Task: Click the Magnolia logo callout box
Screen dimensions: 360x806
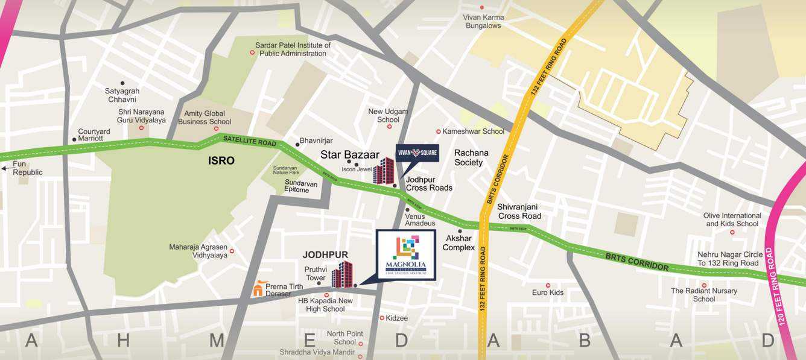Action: (406, 254)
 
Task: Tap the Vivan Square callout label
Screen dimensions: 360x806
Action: (417, 153)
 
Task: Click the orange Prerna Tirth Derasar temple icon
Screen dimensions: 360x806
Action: (258, 288)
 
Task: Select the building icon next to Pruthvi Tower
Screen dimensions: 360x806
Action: (341, 274)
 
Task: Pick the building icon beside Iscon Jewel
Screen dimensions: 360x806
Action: (383, 171)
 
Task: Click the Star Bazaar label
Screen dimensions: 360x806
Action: (350, 155)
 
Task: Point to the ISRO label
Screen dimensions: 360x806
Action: (221, 161)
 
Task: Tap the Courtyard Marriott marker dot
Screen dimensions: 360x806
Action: (74, 139)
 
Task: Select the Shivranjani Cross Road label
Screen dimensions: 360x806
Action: (519, 211)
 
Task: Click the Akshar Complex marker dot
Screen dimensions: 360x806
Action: (460, 231)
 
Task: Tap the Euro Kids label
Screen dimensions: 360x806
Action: (547, 292)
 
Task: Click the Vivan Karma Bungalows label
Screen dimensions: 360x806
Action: (483, 22)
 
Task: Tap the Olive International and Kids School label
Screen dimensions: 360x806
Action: (732, 219)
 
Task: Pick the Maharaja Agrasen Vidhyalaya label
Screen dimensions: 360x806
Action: (198, 251)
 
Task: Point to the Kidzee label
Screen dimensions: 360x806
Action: (396, 318)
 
